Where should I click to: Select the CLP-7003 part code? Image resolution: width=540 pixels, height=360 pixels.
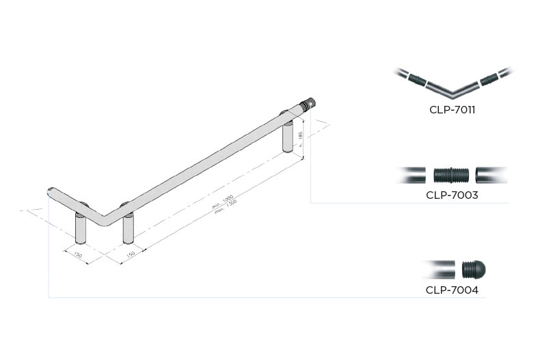point(451,195)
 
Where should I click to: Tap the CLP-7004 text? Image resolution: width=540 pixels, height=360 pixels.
point(451,290)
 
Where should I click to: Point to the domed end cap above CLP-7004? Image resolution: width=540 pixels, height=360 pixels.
point(474,269)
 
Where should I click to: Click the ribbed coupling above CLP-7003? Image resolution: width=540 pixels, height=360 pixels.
point(451,175)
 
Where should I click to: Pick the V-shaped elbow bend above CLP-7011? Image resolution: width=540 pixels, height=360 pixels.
point(452,89)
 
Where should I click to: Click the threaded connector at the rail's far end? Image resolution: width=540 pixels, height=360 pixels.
point(309,105)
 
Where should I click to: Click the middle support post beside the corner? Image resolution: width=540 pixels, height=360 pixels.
point(128,228)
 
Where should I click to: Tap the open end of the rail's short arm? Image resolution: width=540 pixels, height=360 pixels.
point(50,191)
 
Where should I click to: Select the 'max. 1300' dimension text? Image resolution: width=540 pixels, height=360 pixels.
point(226,206)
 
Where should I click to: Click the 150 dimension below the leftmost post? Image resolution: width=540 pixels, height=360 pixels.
point(77,255)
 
